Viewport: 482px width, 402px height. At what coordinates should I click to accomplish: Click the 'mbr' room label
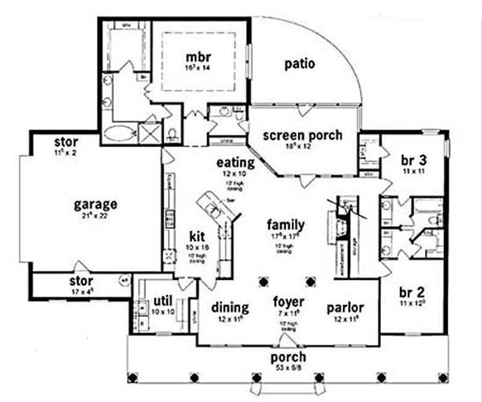point(198,58)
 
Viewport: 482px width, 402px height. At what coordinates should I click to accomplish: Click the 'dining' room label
point(228,307)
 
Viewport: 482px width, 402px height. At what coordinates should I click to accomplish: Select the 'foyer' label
point(287,303)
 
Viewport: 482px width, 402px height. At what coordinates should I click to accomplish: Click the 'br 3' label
point(411,160)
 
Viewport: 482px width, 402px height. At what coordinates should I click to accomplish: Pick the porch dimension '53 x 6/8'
point(287,367)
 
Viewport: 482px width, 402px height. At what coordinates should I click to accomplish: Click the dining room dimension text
point(228,319)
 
